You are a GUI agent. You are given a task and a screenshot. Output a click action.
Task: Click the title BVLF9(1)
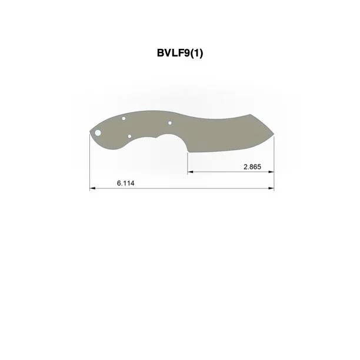[180, 53]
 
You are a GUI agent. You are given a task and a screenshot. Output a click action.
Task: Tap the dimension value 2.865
[252, 167]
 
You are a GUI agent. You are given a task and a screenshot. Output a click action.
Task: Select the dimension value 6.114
[125, 183]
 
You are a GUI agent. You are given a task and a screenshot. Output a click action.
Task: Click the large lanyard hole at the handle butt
[98, 133]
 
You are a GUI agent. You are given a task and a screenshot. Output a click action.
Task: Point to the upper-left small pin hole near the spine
[124, 118]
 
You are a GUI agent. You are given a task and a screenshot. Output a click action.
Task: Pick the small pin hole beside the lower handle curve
[129, 136]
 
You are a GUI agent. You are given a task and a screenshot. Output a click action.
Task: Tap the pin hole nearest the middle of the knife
[170, 123]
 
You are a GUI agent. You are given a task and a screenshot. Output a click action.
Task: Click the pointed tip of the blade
[274, 134]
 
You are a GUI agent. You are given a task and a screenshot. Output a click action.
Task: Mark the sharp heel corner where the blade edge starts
[188, 152]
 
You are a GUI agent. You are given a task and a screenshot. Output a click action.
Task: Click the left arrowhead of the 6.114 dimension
[92, 188]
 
